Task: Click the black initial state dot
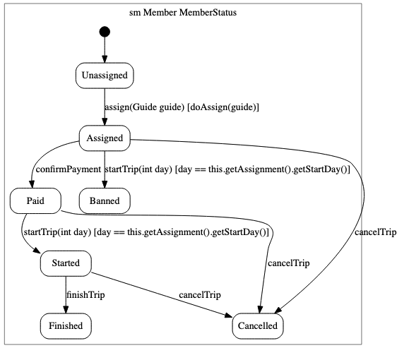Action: [105, 32]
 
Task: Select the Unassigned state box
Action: [105, 76]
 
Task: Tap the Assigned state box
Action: [105, 138]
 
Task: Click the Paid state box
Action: [35, 201]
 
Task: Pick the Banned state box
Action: [105, 201]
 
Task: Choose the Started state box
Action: [66, 263]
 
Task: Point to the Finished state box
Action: [66, 326]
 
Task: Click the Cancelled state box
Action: [258, 326]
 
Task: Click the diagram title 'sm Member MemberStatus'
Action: [183, 13]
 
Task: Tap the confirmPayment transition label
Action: [69, 169]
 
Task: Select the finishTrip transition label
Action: [85, 295]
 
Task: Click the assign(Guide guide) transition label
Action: [144, 107]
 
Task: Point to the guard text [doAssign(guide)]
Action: [223, 107]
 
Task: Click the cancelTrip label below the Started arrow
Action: [200, 295]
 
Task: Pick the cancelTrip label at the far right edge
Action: [375, 232]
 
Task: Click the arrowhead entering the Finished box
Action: [66, 309]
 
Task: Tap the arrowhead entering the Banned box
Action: [105, 184]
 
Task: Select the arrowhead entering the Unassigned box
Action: [105, 59]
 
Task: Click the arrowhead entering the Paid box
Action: [32, 184]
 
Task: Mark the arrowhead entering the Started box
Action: [37, 250]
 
